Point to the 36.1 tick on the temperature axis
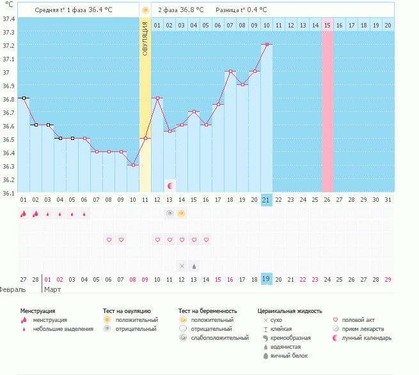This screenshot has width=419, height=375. pos(8,193)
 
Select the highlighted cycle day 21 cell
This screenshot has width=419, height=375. pos(266,200)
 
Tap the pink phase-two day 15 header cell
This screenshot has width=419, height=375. pos(327,25)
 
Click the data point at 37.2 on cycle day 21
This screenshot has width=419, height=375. pos(266,45)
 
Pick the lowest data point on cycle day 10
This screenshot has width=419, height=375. pos(133,165)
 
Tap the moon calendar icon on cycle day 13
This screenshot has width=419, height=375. pos(170,186)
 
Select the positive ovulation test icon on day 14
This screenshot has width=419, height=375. pos(182,213)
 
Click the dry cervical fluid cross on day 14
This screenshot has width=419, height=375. pos(182,265)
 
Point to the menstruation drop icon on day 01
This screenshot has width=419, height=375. pos(23,214)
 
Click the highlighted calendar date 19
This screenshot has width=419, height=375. pos(266,279)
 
